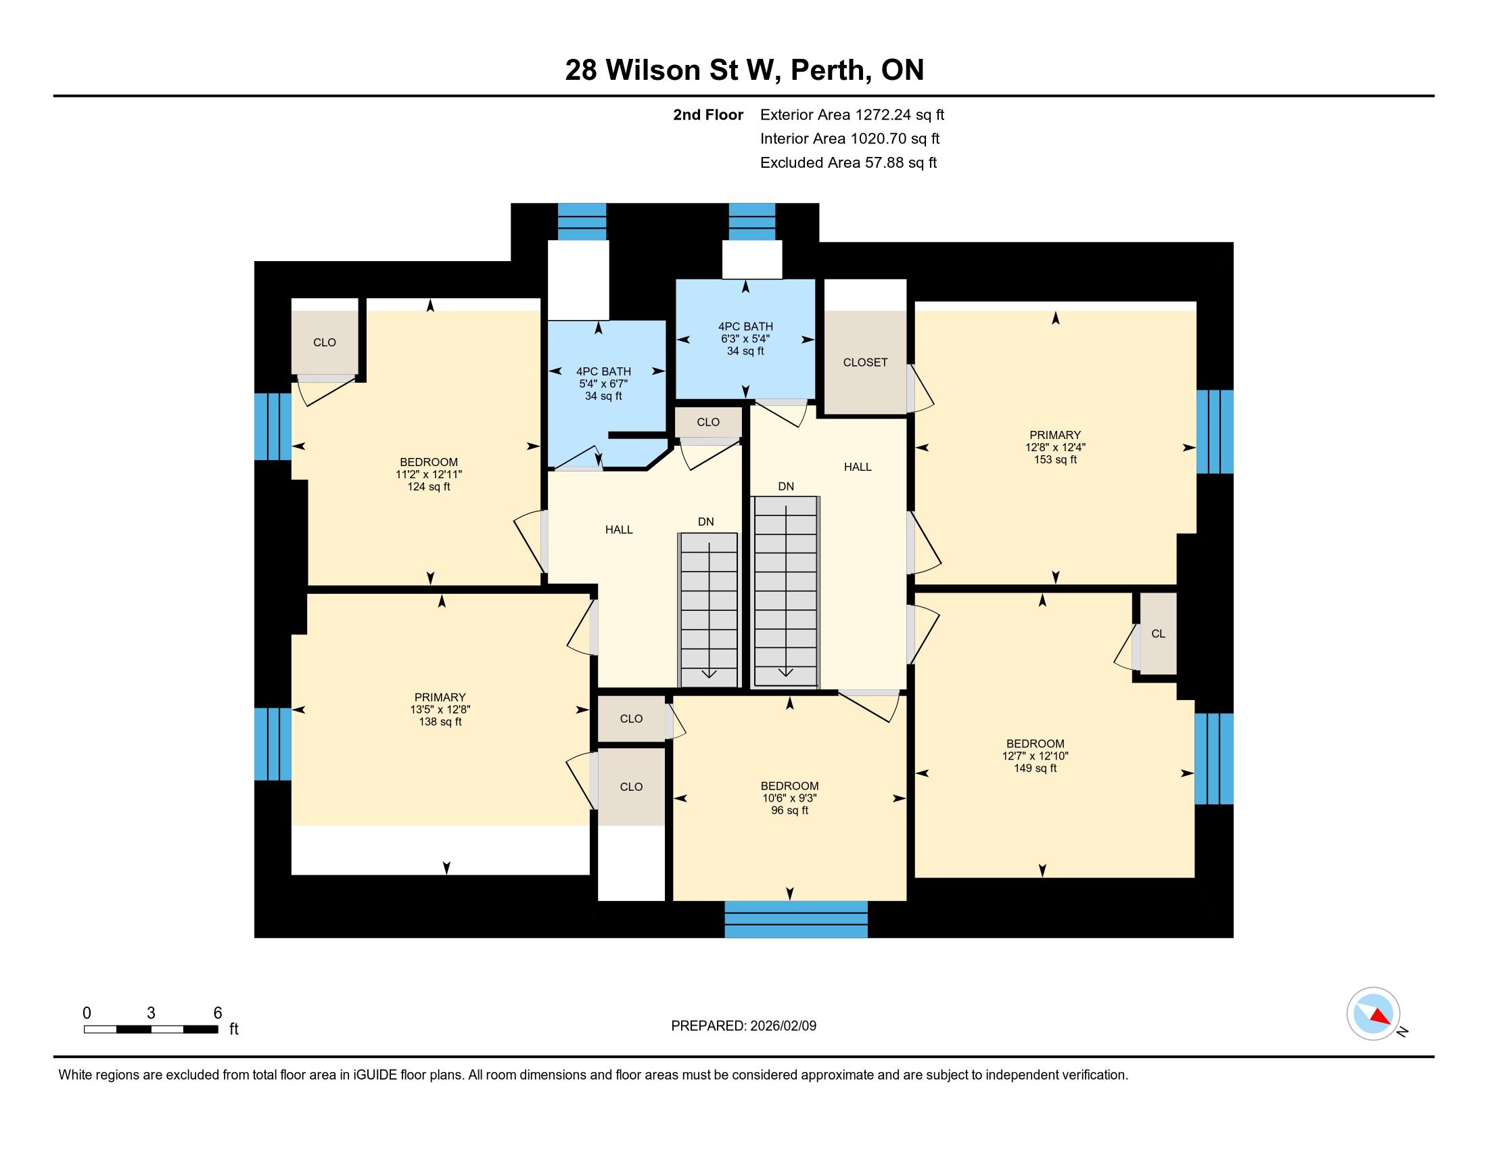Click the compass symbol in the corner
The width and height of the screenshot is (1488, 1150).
click(x=1374, y=1014)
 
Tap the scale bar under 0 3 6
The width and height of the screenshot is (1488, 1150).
click(x=151, y=1029)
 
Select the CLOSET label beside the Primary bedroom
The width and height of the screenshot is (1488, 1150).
click(x=865, y=363)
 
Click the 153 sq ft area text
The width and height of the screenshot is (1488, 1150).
click(x=1055, y=460)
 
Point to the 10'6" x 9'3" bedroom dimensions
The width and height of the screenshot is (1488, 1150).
click(x=789, y=798)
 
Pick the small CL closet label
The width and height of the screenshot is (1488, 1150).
click(x=1158, y=634)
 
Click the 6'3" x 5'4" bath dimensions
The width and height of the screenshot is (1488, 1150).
click(x=745, y=339)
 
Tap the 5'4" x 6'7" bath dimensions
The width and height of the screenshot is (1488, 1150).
click(x=603, y=384)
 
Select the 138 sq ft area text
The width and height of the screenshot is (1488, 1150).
click(x=440, y=722)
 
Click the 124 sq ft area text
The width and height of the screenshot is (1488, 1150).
click(x=429, y=486)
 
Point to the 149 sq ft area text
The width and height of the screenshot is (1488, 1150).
click(x=1035, y=768)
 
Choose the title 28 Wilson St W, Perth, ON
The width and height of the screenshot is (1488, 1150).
click(x=744, y=70)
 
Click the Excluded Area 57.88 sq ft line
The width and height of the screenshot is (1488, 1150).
click(x=848, y=163)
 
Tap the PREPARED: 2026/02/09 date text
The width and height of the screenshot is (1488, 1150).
click(x=743, y=1026)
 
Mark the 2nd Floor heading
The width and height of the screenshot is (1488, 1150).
click(x=708, y=115)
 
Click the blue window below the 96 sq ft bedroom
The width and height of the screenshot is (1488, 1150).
click(x=796, y=919)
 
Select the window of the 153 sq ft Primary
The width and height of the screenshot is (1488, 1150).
click(x=1215, y=432)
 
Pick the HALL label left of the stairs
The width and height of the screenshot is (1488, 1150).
click(x=619, y=530)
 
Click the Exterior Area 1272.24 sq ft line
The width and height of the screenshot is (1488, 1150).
click(x=852, y=115)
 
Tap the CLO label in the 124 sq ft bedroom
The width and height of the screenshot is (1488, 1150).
click(x=324, y=343)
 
